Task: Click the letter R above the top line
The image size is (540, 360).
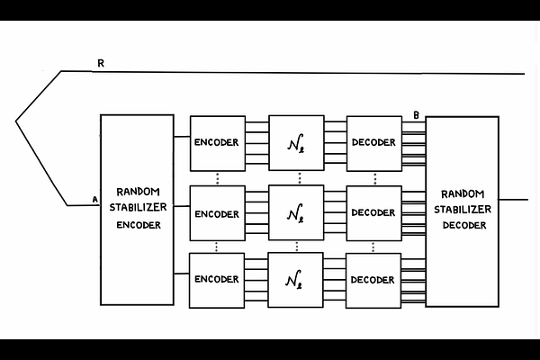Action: tap(101, 63)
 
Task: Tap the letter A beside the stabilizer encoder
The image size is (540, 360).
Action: tap(94, 199)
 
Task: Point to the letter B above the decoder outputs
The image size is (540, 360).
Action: tap(416, 114)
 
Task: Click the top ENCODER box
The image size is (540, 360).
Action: tap(216, 142)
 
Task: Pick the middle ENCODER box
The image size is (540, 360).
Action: tap(216, 213)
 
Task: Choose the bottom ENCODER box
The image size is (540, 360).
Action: tap(216, 279)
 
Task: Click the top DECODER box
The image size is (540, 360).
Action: tap(373, 142)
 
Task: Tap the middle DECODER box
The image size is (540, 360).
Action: tap(373, 213)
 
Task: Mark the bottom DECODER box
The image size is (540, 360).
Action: tap(373, 279)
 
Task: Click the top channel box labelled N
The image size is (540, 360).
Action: tap(295, 142)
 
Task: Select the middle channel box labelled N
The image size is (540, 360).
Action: tap(295, 213)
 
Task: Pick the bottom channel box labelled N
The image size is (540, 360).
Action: tap(295, 279)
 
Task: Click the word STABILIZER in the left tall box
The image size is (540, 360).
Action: tap(138, 209)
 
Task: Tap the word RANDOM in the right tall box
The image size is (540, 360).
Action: tap(463, 193)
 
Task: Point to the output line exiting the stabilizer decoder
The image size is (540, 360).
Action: tap(513, 199)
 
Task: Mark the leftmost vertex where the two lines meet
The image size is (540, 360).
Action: tap(16, 119)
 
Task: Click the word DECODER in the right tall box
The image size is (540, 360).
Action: tap(463, 225)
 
